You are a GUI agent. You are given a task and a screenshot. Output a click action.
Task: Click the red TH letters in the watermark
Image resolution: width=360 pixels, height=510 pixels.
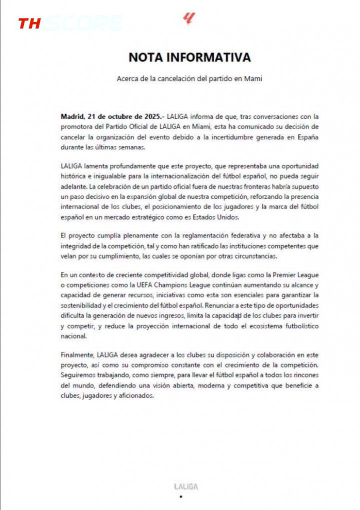pyautogui.click(x=29, y=23)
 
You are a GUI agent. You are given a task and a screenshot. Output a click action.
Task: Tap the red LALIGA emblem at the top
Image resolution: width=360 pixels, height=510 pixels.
pyautogui.click(x=188, y=19)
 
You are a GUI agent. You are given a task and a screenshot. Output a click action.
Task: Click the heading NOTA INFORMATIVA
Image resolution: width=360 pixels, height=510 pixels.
pyautogui.click(x=189, y=57)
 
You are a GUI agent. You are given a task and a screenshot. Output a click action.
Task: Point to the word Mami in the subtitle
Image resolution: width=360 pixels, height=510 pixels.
pyautogui.click(x=252, y=78)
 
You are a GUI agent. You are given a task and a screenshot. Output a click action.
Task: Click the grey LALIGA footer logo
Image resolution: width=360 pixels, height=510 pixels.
pyautogui.click(x=185, y=486)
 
